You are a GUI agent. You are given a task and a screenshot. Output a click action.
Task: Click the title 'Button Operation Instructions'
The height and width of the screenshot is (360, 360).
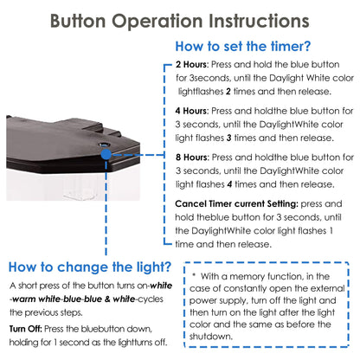click(x=180, y=22)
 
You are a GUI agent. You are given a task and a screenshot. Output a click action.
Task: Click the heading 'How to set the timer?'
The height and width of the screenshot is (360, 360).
click(x=243, y=47)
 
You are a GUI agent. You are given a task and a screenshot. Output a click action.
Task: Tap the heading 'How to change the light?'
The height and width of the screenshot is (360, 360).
click(x=90, y=267)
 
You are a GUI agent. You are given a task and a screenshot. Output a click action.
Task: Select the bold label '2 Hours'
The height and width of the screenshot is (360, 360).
click(x=191, y=64)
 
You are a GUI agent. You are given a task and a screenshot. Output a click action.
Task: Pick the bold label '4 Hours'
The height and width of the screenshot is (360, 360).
click(x=191, y=111)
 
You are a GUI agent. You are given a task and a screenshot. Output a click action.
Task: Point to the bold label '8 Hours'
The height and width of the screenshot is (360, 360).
click(x=191, y=157)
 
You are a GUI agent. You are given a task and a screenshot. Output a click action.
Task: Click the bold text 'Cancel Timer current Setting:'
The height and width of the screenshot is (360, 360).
click(x=236, y=203)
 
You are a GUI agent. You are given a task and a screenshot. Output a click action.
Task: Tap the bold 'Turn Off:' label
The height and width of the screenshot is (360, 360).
click(x=26, y=329)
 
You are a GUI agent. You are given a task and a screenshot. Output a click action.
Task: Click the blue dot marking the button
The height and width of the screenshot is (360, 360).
click(x=106, y=154)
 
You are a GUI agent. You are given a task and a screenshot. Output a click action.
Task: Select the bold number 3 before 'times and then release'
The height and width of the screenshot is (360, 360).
click(x=228, y=138)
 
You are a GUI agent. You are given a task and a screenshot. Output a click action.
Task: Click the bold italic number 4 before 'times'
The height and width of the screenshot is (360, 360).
click(x=229, y=184)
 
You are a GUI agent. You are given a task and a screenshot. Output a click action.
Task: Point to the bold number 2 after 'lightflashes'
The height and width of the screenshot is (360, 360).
click(x=228, y=92)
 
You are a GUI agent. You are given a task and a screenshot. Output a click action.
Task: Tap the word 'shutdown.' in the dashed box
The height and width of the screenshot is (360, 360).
click(x=210, y=337)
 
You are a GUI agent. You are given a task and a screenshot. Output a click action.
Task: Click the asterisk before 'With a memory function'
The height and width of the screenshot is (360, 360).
click(x=194, y=274)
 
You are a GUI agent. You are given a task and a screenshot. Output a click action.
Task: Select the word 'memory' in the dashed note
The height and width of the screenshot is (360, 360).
click(x=246, y=277)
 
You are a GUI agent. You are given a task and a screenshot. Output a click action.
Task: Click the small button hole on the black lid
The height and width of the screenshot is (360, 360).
click(x=103, y=145)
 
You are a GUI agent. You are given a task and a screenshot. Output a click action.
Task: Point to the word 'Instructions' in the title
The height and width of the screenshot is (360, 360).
click(x=259, y=22)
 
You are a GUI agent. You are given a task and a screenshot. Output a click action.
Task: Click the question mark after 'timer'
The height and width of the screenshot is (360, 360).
click(x=306, y=47)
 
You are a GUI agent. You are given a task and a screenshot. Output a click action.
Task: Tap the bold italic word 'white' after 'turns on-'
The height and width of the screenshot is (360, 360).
click(x=161, y=286)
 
